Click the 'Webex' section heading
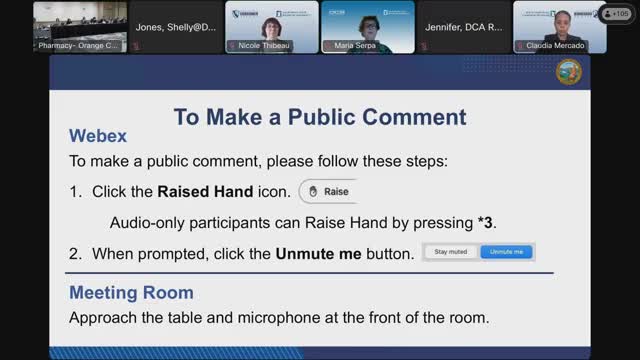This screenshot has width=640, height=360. click(97, 136)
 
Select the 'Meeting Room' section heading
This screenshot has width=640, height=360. click(131, 293)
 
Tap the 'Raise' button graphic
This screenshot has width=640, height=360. click(327, 191)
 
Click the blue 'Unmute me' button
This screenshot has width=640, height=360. click(507, 252)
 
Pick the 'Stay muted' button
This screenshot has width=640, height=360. click(451, 252)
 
